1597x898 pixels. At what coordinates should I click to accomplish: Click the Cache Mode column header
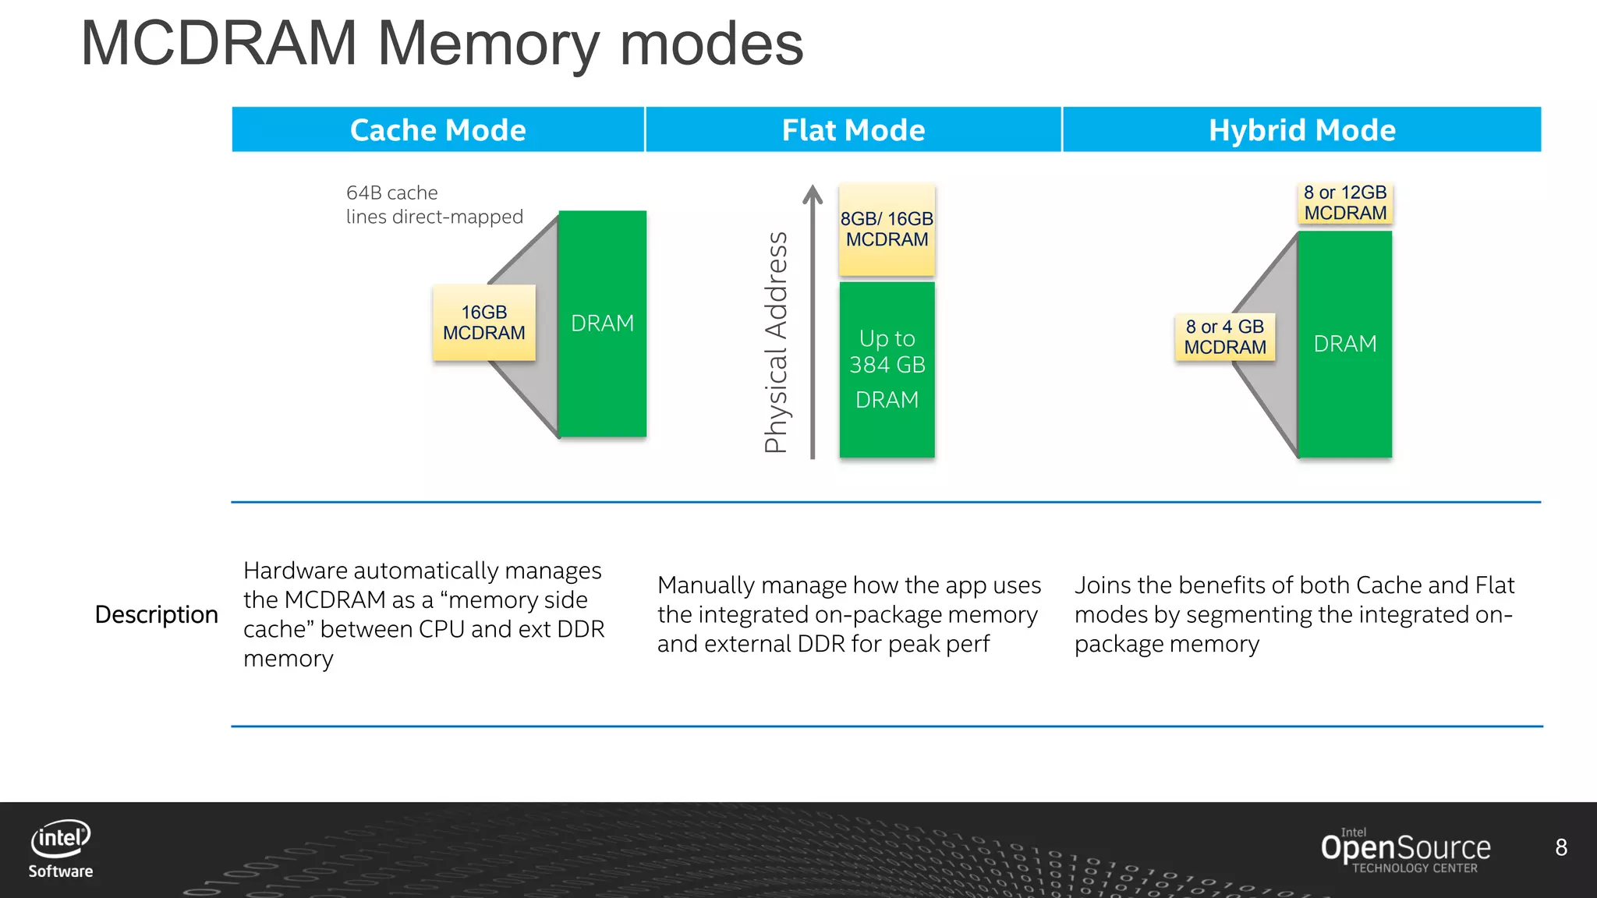coord(437,129)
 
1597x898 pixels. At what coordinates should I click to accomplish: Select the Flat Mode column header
coord(853,129)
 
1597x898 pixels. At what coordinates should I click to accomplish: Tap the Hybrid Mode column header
coord(1301,129)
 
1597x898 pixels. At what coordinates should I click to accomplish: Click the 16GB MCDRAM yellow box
coord(483,323)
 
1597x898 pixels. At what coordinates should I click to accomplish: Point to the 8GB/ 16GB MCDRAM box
coord(887,229)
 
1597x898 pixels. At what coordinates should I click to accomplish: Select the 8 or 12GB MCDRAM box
coord(1345,203)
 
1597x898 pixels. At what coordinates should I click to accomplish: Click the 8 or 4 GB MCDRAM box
coord(1224,337)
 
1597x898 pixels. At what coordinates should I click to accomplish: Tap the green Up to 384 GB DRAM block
coord(887,369)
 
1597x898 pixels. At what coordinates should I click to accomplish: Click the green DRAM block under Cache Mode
coord(602,323)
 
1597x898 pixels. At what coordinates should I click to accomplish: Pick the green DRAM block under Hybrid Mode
coord(1344,344)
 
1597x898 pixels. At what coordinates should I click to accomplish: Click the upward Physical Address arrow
coord(813,320)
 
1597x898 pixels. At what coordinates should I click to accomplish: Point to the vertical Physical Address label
coord(776,343)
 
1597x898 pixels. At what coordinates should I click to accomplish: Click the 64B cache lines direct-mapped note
coord(434,204)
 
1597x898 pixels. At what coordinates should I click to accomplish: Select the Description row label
coord(156,614)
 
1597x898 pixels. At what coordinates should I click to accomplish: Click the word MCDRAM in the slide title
coord(219,44)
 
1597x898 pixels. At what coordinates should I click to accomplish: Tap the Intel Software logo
coord(61,849)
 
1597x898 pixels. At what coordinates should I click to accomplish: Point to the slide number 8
coord(1561,847)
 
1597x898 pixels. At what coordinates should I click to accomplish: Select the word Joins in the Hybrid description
coord(1106,585)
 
